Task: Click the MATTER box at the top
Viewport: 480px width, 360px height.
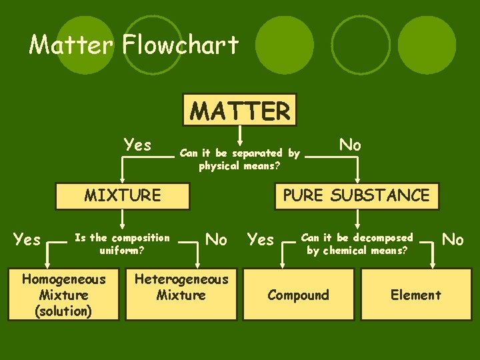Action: (241, 111)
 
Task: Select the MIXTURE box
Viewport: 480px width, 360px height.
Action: (122, 195)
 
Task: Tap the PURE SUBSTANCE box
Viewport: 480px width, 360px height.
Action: (357, 195)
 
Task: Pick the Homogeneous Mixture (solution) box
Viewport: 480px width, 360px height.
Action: (64, 295)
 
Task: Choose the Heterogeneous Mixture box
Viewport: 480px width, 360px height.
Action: (181, 287)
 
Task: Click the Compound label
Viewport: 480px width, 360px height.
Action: (298, 295)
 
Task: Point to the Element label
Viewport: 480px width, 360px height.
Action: (416, 295)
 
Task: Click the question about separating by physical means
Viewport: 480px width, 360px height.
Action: (239, 159)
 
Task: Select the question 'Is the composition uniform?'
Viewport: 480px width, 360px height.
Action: (122, 244)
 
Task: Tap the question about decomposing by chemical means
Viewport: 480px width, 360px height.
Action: (357, 244)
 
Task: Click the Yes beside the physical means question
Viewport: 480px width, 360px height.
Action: (137, 145)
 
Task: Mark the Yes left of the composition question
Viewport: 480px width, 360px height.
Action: (27, 239)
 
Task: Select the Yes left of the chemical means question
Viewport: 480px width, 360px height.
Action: (261, 239)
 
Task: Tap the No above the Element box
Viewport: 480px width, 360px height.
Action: (453, 239)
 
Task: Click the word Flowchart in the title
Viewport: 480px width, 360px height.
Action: (181, 45)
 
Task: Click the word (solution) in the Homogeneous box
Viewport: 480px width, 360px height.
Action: (64, 311)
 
